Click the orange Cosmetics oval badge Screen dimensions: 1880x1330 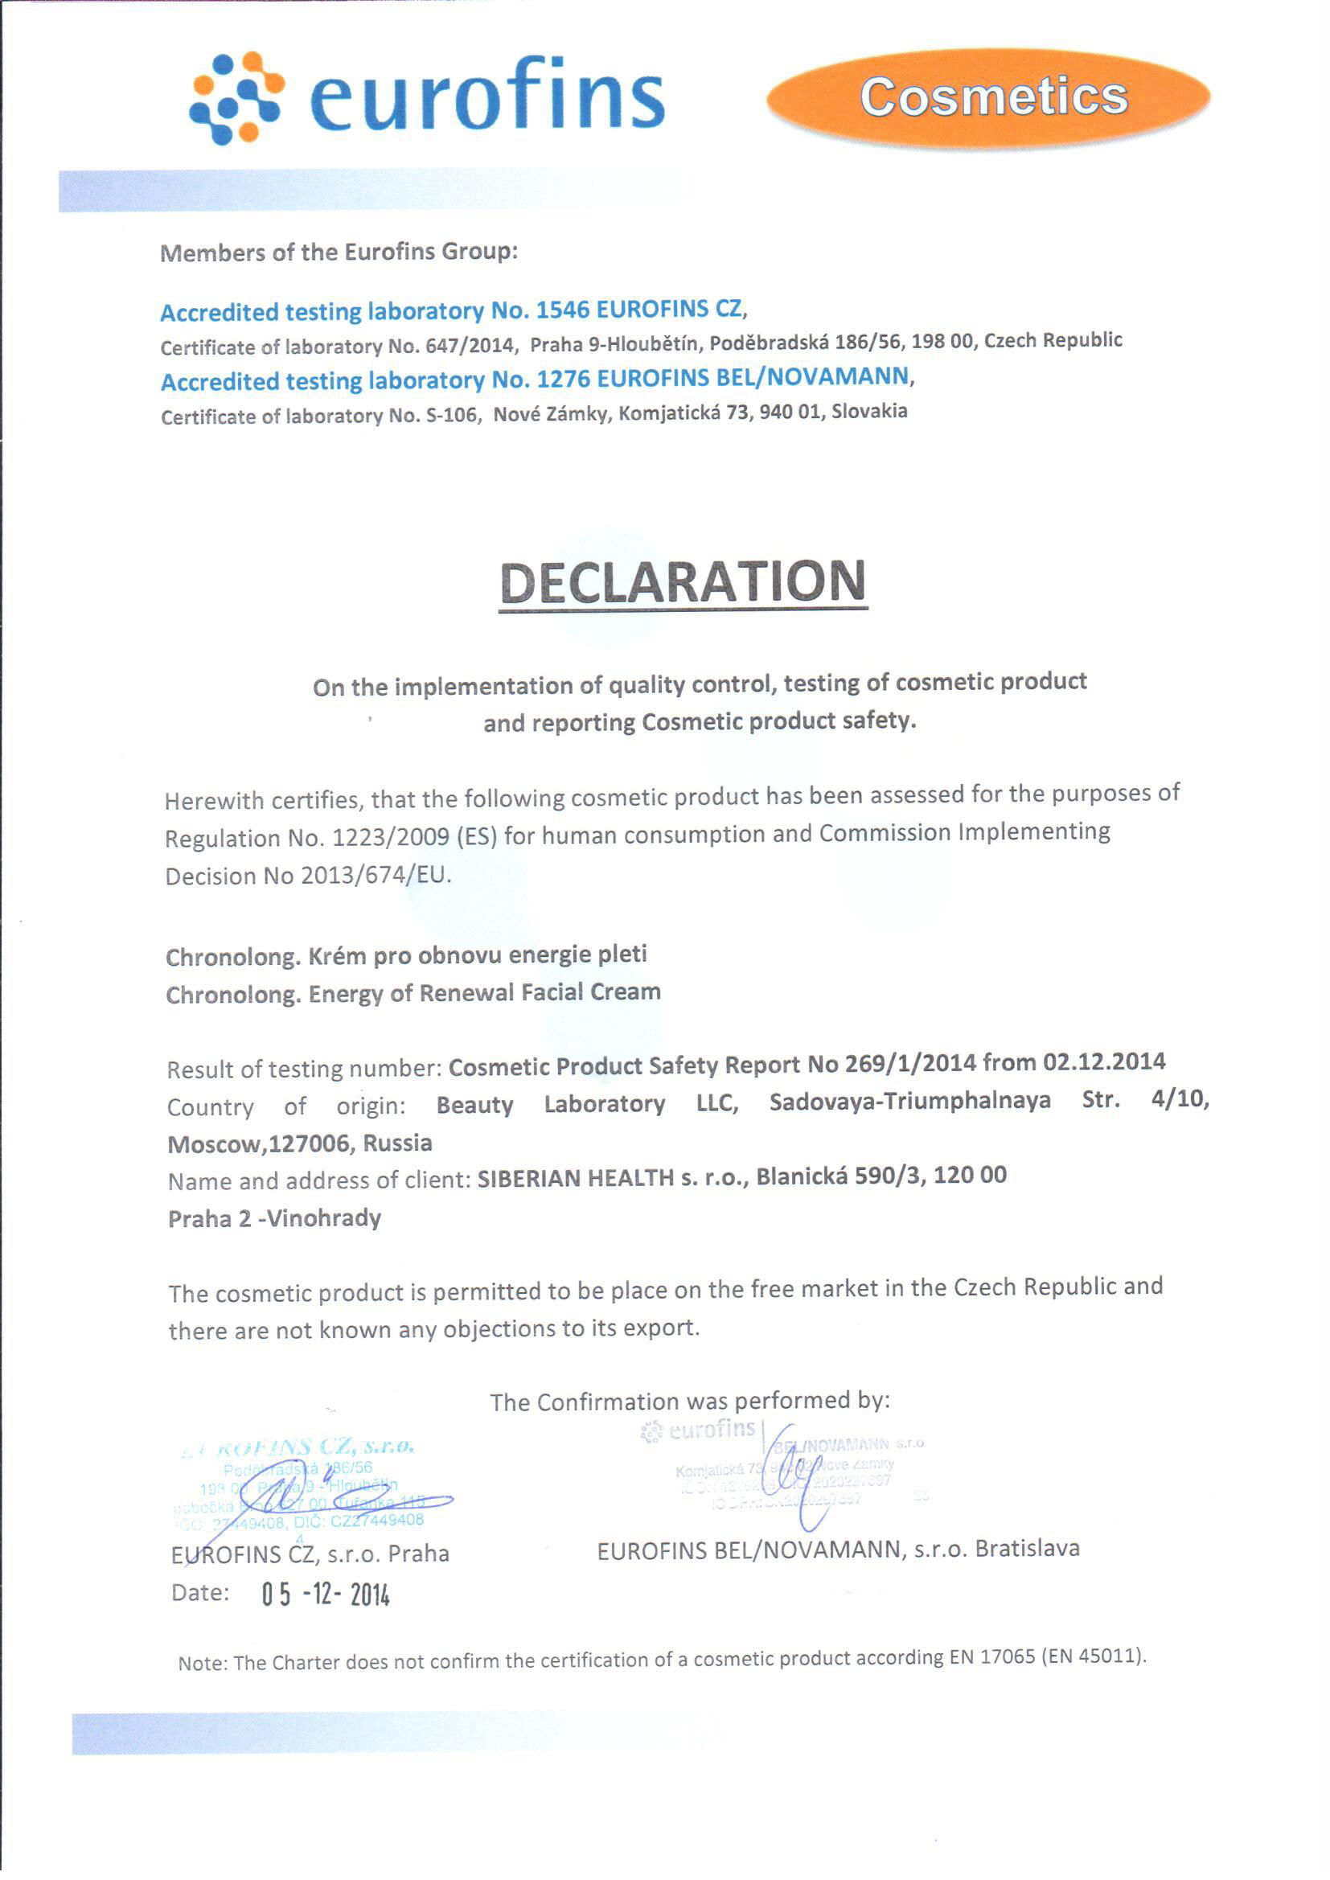987,97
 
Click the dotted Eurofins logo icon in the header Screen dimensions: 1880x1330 235,98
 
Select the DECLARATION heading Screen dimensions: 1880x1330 682,582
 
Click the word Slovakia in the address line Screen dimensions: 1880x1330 869,411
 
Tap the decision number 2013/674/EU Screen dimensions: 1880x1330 376,876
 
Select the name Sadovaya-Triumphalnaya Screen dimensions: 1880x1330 909,1101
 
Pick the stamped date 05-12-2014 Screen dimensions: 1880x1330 326,1595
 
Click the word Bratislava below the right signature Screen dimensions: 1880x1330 1027,1549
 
